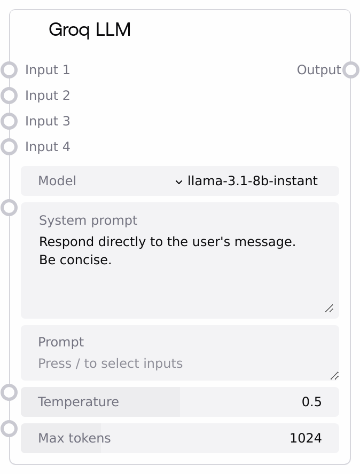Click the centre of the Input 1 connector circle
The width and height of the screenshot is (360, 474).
tap(9, 70)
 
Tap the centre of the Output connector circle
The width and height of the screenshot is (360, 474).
tap(351, 70)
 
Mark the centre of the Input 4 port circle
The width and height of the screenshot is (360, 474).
tap(9, 147)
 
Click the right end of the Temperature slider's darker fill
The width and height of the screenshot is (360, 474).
tap(179, 402)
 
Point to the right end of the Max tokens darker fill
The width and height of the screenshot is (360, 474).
tap(101, 438)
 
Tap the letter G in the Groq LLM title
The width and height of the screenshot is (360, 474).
tap(56, 30)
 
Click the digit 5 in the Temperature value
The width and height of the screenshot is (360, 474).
tap(317, 402)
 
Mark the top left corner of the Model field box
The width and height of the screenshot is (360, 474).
tap(21, 166)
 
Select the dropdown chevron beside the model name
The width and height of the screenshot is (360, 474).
tap(179, 182)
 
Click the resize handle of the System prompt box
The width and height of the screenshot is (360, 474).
tap(330, 309)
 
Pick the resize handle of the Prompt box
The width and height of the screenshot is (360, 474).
tap(334, 376)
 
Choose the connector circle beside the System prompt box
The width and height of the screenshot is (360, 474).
tap(9, 208)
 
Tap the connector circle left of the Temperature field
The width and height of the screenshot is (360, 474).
tap(9, 393)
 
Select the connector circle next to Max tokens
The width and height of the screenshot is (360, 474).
tap(9, 429)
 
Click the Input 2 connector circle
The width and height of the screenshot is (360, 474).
tap(9, 96)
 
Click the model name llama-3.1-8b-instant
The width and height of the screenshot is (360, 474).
tap(253, 181)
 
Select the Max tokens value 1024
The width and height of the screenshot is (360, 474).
tap(306, 438)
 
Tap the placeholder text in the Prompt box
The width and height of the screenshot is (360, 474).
tap(111, 364)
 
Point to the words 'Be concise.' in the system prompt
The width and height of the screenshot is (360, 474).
tap(75, 259)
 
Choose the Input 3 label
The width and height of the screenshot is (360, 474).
tap(48, 121)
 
